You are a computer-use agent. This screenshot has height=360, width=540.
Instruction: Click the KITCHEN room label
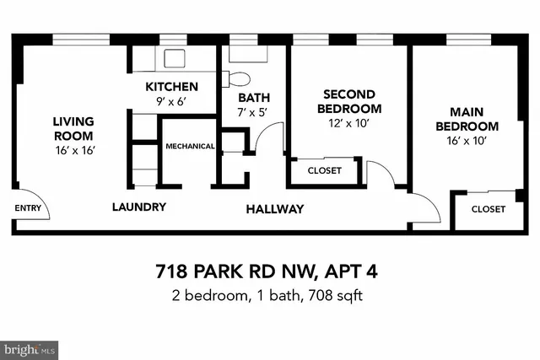pos(171,87)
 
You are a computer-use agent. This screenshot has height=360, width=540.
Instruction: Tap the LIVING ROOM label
pos(73,128)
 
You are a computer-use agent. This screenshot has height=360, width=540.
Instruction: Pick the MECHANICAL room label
pos(190,146)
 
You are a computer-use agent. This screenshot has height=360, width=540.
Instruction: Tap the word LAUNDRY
pos(139,207)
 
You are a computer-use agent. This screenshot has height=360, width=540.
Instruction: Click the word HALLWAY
pos(275,208)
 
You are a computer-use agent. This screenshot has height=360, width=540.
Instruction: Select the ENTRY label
pos(28,207)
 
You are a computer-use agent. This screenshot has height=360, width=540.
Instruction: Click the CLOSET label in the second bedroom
pos(325,170)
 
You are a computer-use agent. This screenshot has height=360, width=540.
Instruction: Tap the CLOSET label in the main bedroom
pos(489,208)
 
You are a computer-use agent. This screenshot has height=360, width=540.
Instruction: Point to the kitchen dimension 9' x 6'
pos(171,102)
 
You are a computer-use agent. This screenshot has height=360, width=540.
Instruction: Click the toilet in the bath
pos(239,80)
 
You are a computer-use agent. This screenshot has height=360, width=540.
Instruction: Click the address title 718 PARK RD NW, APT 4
pos(270,272)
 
